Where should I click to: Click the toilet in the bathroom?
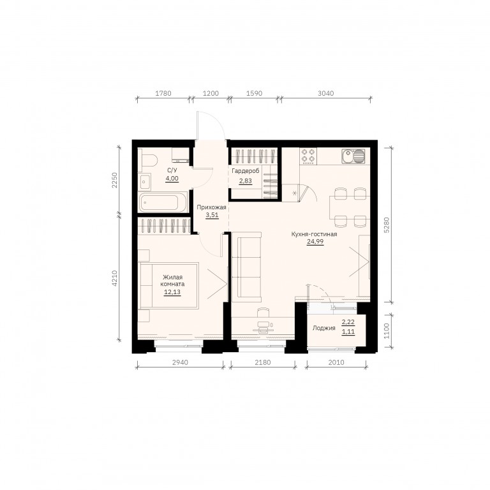147,161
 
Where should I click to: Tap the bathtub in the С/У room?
163,202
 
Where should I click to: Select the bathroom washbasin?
145,182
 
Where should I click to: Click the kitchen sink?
353,156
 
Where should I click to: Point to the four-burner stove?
308,156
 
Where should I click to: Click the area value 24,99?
315,242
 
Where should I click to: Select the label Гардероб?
245,171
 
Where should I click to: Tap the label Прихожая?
211,207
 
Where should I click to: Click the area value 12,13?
172,292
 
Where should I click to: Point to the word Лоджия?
323,328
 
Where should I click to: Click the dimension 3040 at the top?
325,93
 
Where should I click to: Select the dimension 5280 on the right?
387,225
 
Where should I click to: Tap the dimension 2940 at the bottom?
181,362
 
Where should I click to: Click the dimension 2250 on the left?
115,180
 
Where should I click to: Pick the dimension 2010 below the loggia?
336,362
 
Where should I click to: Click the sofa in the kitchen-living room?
247,267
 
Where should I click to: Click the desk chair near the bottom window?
263,313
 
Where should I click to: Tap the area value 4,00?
172,179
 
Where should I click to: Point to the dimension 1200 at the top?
211,93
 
